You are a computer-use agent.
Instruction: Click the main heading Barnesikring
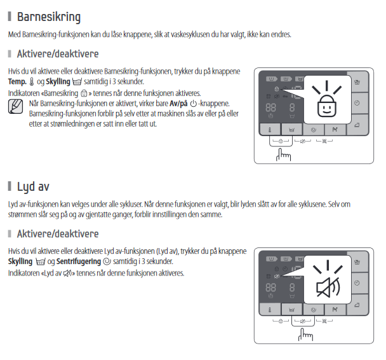(49, 16)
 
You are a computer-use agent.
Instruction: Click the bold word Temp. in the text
(18, 82)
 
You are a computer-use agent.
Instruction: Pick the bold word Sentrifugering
(79, 262)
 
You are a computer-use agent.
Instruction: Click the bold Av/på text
(180, 103)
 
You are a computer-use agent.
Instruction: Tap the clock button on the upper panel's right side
(356, 102)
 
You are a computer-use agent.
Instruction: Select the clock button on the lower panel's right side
(356, 283)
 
